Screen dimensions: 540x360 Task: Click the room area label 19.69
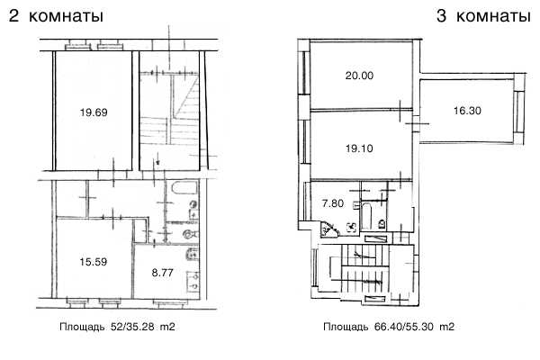(x=94, y=112)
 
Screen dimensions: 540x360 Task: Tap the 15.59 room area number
(x=94, y=262)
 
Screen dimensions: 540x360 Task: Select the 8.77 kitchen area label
(x=162, y=273)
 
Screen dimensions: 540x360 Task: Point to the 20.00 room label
(x=359, y=76)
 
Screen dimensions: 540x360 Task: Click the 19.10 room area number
(x=359, y=148)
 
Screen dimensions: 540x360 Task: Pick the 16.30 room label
(x=467, y=111)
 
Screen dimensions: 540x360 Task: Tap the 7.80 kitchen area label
(x=333, y=203)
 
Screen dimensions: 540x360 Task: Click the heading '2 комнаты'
(x=56, y=16)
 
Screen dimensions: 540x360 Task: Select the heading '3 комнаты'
(x=483, y=16)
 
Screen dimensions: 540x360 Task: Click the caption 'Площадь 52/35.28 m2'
(x=117, y=326)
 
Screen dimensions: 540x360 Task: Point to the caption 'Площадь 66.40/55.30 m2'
(x=389, y=326)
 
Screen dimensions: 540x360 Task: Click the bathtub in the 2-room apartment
(x=184, y=188)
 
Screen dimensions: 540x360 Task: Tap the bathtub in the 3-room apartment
(x=365, y=216)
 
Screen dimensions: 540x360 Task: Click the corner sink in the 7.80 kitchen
(x=328, y=229)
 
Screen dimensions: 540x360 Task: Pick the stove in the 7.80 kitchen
(x=352, y=227)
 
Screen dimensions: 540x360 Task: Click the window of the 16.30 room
(x=517, y=111)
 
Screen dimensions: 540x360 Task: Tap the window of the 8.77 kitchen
(x=170, y=302)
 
